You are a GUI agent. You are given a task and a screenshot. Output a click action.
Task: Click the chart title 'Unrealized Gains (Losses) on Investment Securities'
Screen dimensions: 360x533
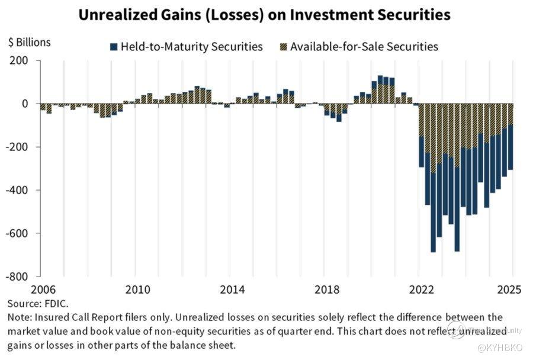[x=266, y=15]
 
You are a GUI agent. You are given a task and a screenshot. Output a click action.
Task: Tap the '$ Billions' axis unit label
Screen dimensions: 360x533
[x=30, y=43]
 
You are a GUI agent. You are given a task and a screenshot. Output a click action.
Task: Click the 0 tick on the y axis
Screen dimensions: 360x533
[x=25, y=104]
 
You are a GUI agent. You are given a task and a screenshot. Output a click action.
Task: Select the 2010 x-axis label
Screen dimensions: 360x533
[x=137, y=290]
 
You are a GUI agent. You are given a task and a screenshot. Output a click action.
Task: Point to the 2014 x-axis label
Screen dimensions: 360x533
[x=232, y=290]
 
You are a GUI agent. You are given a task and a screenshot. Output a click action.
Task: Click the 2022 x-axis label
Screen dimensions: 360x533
[x=420, y=290]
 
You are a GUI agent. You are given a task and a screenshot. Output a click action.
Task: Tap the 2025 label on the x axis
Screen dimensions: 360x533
[x=508, y=290]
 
